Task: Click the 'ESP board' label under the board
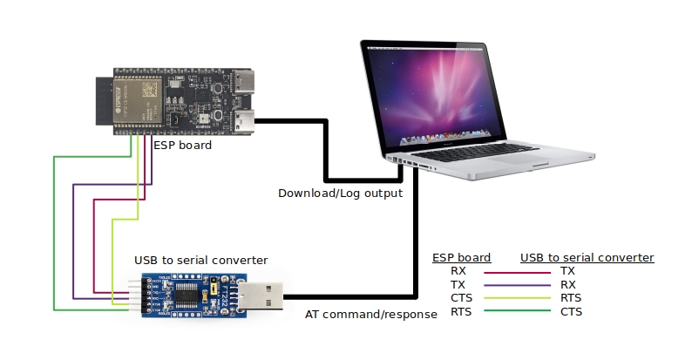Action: [x=182, y=146]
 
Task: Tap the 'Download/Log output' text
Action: [x=340, y=193]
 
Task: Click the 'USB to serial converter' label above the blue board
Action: [x=201, y=260]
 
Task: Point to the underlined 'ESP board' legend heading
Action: [x=462, y=257]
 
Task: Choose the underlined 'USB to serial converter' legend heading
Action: [x=587, y=257]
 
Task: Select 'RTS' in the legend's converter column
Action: [x=571, y=297]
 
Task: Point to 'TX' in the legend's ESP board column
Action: [x=458, y=284]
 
